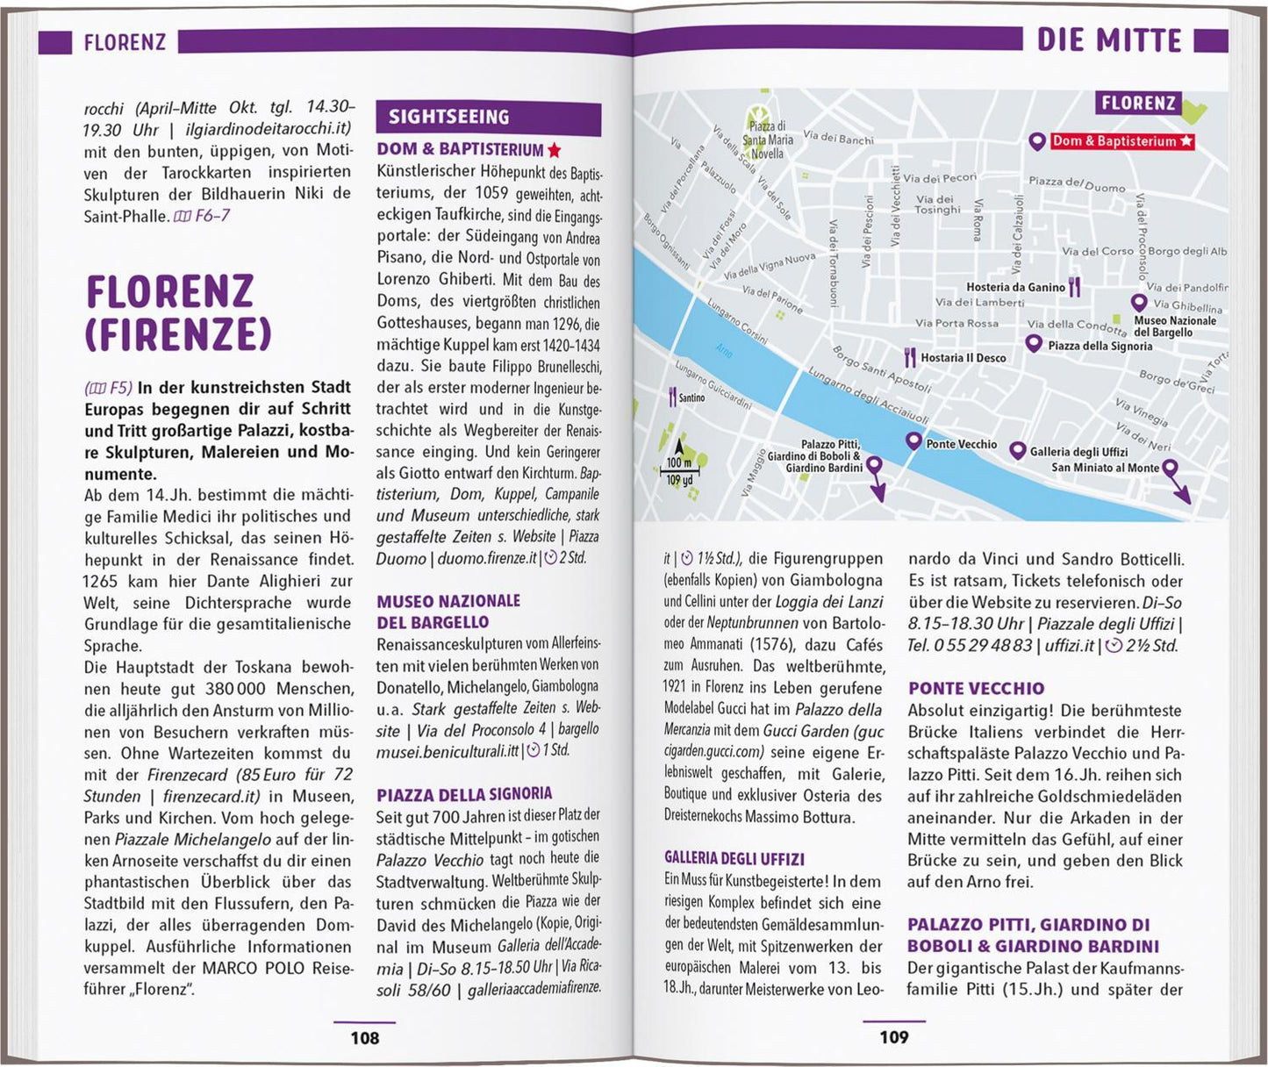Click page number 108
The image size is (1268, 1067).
364,1038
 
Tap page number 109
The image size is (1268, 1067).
893,1038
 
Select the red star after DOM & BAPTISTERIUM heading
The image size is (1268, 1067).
555,150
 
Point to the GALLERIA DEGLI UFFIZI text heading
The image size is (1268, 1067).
734,859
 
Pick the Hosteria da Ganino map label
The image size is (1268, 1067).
1015,287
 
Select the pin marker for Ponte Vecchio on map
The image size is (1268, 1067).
913,441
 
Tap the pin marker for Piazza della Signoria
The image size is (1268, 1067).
1035,343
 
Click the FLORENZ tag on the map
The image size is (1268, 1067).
1138,104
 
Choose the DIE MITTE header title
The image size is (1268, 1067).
1109,40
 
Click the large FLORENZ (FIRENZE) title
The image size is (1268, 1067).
178,312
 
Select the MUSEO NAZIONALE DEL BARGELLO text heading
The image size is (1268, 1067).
448,612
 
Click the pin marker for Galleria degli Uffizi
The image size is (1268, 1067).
1017,451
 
